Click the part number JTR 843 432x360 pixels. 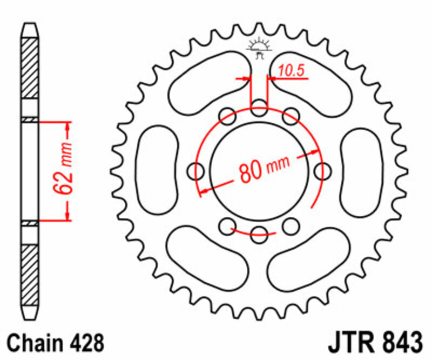click(375, 343)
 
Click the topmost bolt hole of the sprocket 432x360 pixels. click(260, 106)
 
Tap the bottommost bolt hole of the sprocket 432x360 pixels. click(260, 233)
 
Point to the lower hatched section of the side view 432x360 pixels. click(30, 273)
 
